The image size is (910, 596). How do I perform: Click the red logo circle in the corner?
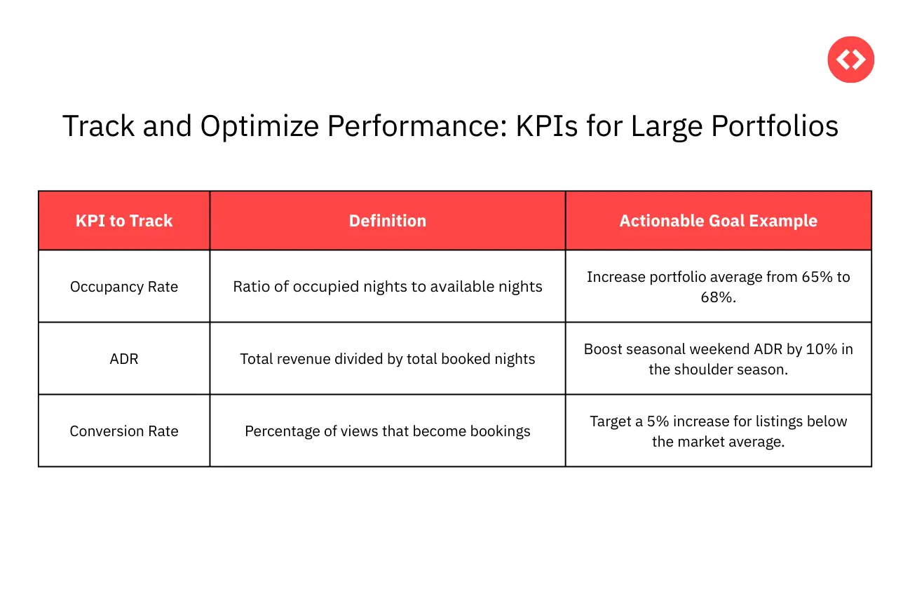pyautogui.click(x=850, y=60)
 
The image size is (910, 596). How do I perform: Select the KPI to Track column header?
pyautogui.click(x=124, y=221)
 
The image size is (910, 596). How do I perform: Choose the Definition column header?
pyautogui.click(x=388, y=221)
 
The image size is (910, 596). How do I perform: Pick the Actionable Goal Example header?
pyautogui.click(x=718, y=221)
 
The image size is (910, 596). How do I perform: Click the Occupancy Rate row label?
pyautogui.click(x=124, y=287)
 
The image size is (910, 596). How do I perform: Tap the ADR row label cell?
pyautogui.click(x=124, y=359)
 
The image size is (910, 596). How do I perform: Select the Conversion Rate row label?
pyautogui.click(x=124, y=431)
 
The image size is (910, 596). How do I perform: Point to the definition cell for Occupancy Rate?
pyautogui.click(x=388, y=287)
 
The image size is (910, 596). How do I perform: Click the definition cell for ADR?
pyautogui.click(x=388, y=359)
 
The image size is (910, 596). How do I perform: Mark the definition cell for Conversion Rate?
pyautogui.click(x=388, y=431)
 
